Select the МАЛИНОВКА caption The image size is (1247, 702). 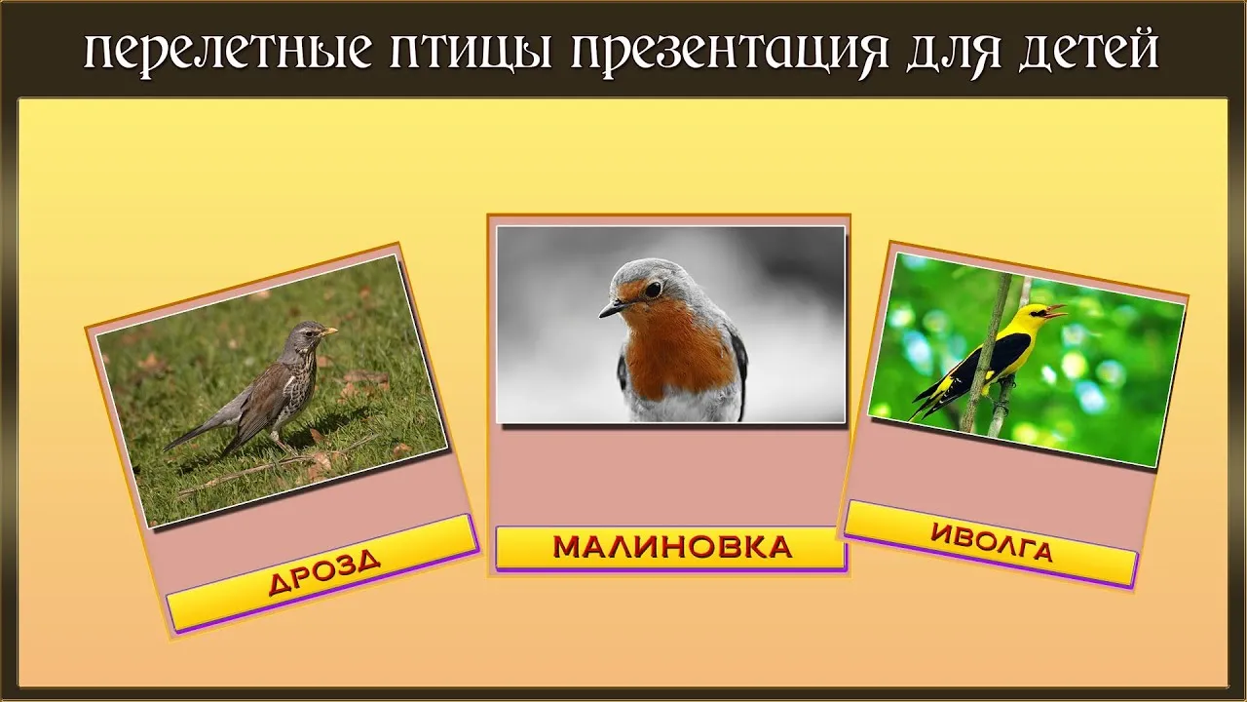click(x=671, y=548)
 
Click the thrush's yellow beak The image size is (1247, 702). click(x=329, y=331)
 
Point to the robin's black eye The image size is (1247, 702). click(x=653, y=289)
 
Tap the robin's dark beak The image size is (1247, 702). click(x=613, y=308)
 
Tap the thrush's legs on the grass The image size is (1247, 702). click(x=279, y=442)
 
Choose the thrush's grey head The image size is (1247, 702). click(x=305, y=334)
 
